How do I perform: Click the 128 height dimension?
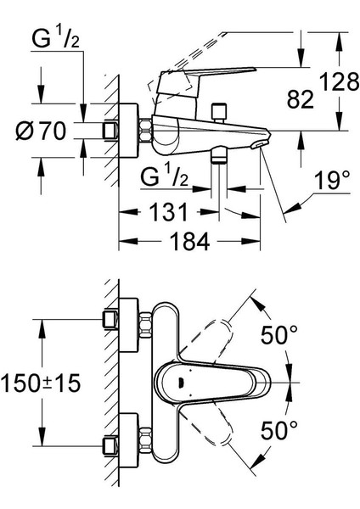(x=340, y=81)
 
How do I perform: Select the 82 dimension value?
(x=301, y=99)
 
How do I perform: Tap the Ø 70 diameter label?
(x=41, y=131)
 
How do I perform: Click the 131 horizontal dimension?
(x=169, y=212)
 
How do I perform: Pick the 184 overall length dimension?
(x=189, y=242)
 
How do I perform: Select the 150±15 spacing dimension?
(x=41, y=383)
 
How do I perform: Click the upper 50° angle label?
(x=279, y=335)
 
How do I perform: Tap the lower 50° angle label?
(x=279, y=430)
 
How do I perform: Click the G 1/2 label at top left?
(x=55, y=39)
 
